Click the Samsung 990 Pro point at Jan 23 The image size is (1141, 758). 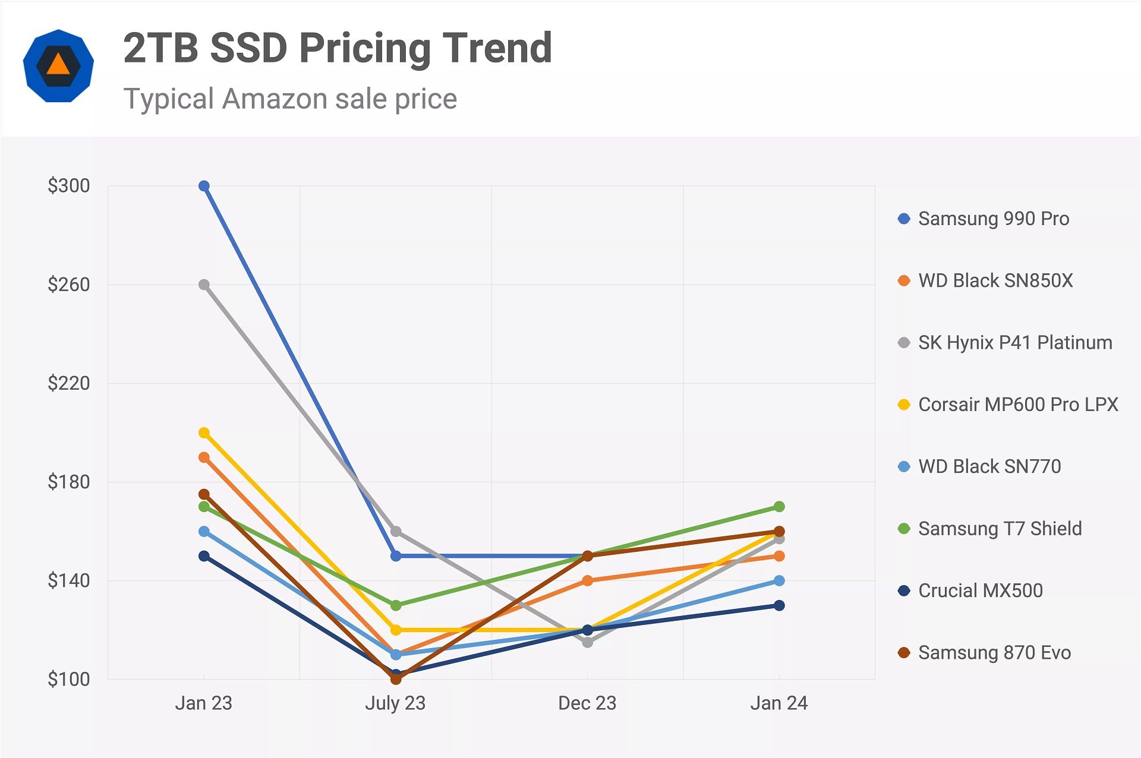[204, 186]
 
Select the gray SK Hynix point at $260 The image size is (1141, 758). [204, 285]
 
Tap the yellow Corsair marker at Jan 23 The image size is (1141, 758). [204, 432]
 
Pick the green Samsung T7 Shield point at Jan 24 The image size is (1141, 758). [779, 507]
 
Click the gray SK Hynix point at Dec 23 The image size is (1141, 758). [587, 642]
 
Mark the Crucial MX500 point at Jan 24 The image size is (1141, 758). [779, 605]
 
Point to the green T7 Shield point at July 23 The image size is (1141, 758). [396, 605]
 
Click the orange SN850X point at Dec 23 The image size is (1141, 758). [587, 580]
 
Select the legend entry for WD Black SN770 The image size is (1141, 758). [989, 466]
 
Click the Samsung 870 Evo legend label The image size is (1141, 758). [994, 652]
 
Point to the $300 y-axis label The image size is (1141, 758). [69, 186]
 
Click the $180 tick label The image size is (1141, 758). [69, 482]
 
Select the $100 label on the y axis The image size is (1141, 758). [69, 679]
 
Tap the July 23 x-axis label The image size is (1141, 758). [395, 703]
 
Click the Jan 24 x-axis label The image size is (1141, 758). [778, 703]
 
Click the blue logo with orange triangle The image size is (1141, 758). [58, 65]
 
